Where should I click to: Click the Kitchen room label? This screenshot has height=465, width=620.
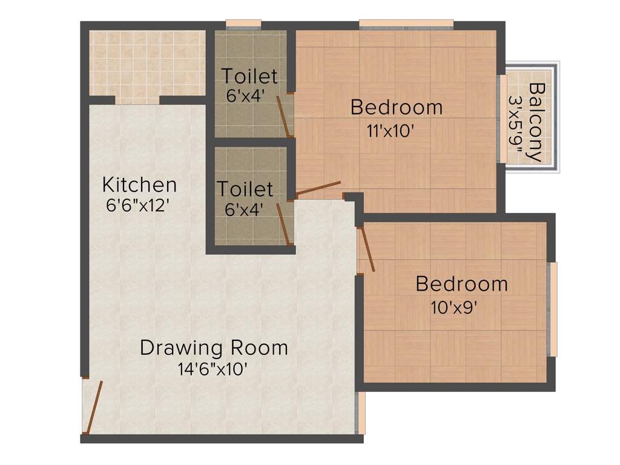click(x=139, y=184)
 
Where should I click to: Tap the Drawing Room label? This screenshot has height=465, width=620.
click(x=214, y=348)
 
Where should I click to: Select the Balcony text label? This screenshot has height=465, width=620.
click(x=535, y=121)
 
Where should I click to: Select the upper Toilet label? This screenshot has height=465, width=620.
click(x=249, y=77)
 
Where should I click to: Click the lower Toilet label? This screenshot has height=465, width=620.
click(x=245, y=189)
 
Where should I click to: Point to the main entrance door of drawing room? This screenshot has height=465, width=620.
click(x=93, y=407)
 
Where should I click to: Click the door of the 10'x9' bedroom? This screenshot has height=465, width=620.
click(x=367, y=249)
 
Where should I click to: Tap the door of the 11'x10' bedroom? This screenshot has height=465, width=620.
click(x=318, y=189)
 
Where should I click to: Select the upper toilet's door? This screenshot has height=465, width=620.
click(x=282, y=116)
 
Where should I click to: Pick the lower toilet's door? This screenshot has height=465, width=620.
click(x=283, y=223)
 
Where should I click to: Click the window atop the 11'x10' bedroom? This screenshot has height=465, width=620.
click(x=406, y=25)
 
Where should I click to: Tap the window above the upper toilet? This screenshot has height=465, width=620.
click(x=243, y=25)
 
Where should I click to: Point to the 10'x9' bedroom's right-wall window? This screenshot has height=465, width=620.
click(x=552, y=309)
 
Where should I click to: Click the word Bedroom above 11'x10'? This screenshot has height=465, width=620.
click(x=397, y=108)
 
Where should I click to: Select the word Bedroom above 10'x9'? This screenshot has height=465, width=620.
click(x=461, y=283)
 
